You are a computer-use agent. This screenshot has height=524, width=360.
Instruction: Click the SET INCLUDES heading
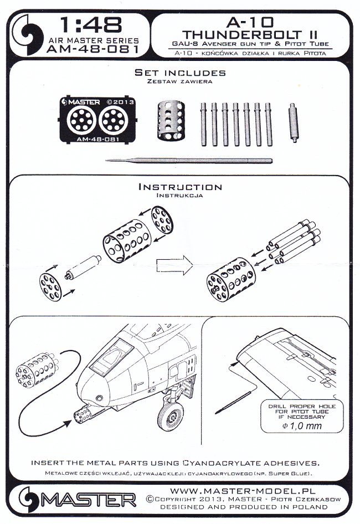tap(181, 73)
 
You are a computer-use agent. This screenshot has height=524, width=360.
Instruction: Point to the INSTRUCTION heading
tap(179, 187)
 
